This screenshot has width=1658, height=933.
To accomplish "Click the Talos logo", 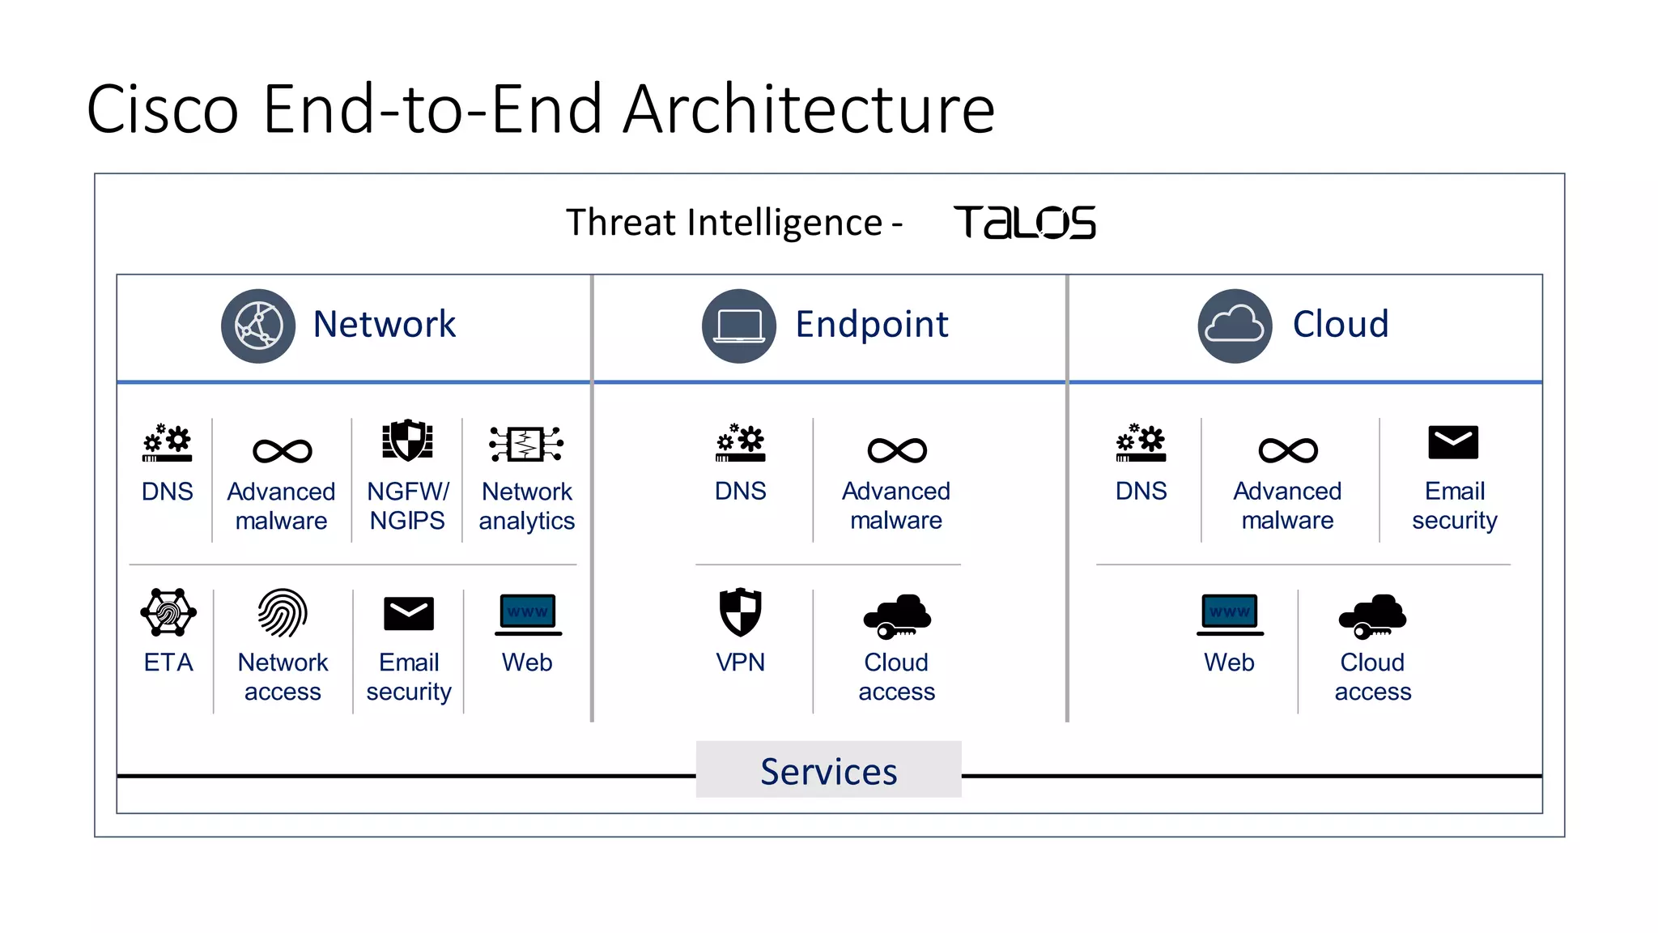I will point(1024,223).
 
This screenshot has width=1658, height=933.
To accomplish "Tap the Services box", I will point(828,770).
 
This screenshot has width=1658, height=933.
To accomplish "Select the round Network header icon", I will point(258,326).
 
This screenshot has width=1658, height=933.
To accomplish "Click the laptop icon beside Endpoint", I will point(738,326).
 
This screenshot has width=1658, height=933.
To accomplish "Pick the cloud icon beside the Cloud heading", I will point(1235,326).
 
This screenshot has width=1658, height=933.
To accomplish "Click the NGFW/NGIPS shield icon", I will point(407,441).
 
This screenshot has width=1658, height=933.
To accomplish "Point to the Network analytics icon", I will point(526,444).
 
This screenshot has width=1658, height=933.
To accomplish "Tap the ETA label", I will point(168,662).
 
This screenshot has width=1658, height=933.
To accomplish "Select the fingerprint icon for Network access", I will point(283,613).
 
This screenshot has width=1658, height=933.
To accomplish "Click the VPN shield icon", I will point(740,612).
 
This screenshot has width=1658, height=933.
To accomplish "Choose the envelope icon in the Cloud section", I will point(1453,442).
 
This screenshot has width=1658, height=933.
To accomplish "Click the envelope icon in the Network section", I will point(408,614).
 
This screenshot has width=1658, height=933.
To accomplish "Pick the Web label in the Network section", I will point(527,662).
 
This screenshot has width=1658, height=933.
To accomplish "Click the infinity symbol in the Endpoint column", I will point(897,450).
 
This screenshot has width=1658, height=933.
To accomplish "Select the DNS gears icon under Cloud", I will point(1141,443).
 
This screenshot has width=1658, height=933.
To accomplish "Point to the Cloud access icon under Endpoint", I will point(897,617).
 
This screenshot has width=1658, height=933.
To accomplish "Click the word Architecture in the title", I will point(809,109).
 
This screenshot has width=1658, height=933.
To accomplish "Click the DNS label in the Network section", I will point(168,492).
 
